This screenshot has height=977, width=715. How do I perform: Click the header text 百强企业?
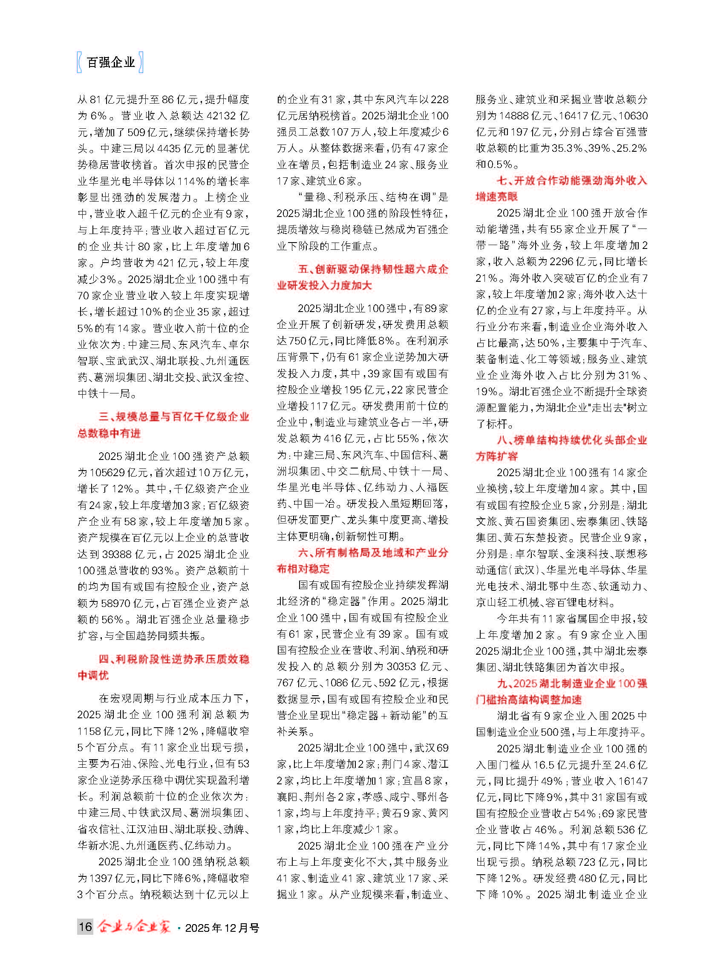click(111, 62)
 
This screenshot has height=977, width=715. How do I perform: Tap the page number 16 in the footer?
click(85, 926)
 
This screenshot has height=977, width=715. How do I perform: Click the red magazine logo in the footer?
click(134, 926)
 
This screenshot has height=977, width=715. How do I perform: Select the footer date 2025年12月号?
click(222, 928)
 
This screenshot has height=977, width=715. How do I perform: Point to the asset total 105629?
click(109, 472)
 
